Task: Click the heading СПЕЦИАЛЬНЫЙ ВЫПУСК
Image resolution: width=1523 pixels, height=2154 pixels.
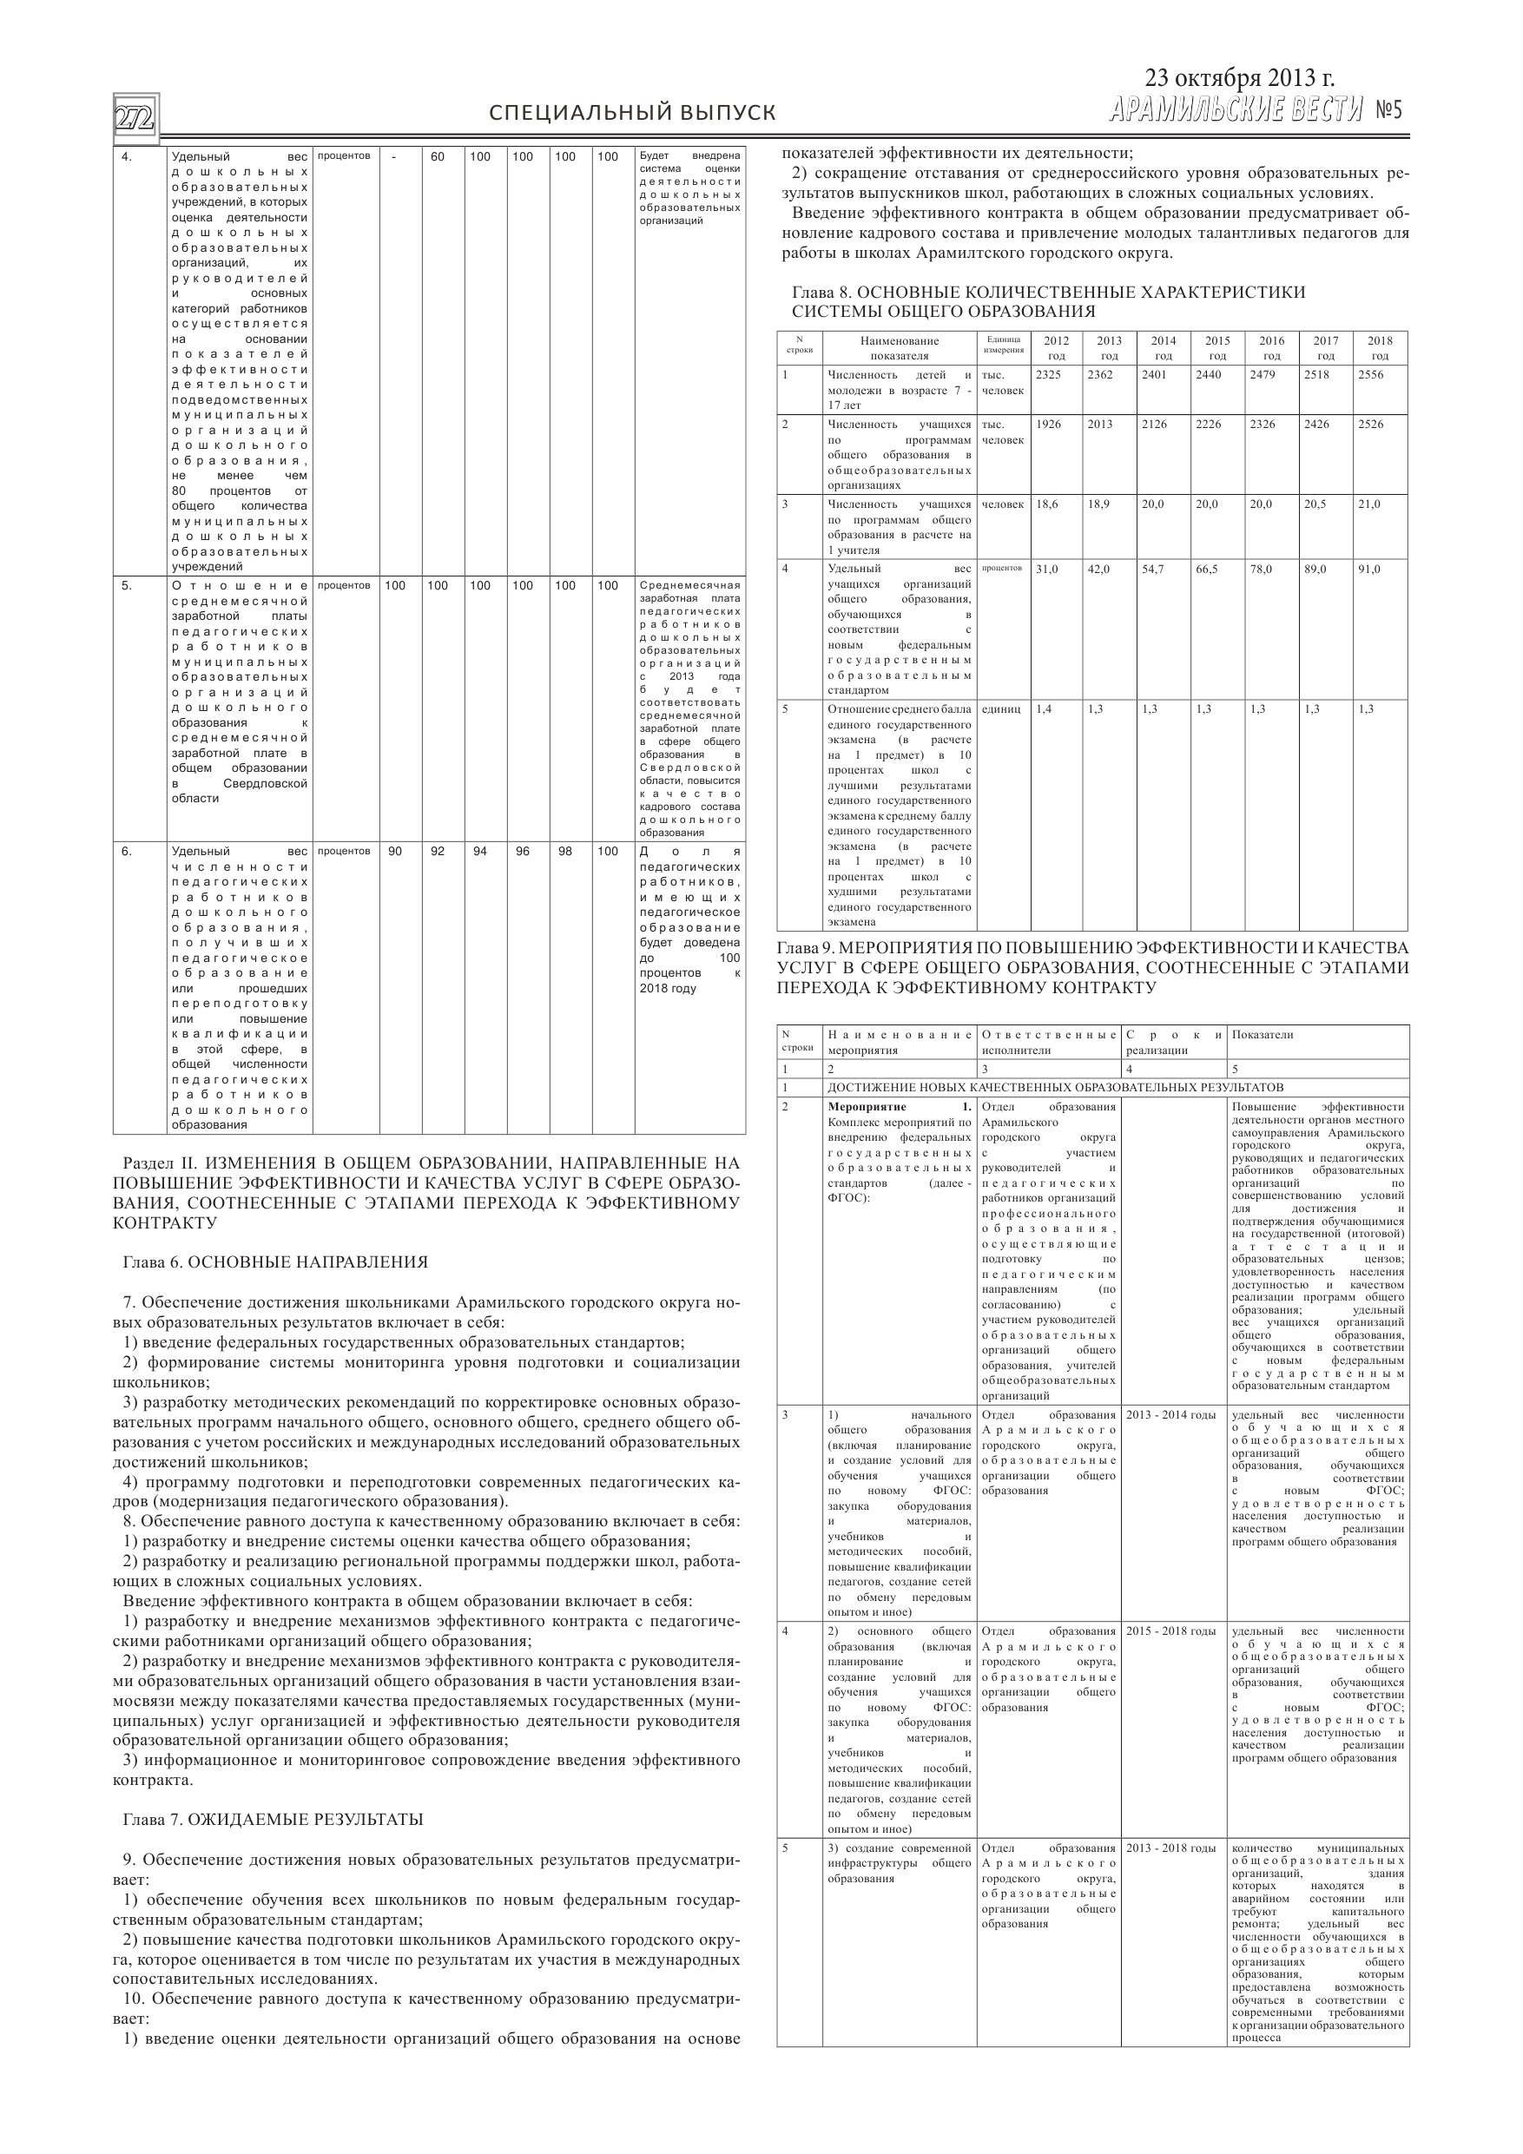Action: click(x=632, y=114)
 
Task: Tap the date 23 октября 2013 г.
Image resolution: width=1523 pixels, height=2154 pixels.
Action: click(x=1239, y=78)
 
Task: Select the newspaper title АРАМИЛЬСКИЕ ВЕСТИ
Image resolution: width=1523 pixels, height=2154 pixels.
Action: click(x=1235, y=112)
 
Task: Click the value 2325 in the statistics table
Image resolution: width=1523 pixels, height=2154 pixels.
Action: click(x=1048, y=374)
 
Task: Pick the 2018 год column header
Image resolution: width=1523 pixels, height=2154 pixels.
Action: click(x=1380, y=348)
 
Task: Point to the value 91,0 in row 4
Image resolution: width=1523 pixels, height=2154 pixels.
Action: click(x=1369, y=569)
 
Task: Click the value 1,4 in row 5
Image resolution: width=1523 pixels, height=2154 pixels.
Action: click(x=1044, y=709)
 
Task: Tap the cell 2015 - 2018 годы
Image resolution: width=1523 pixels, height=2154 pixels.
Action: click(x=1171, y=1631)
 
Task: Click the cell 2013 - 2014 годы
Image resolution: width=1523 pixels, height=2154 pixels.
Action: click(x=1171, y=1415)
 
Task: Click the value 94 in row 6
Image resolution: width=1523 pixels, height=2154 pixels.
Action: click(x=479, y=851)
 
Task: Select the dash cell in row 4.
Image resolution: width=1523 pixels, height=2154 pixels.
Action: click(x=395, y=156)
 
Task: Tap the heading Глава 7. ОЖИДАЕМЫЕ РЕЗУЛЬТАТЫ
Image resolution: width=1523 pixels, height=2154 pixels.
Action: click(x=273, y=1819)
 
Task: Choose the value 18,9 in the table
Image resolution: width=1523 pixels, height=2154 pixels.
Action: click(x=1098, y=504)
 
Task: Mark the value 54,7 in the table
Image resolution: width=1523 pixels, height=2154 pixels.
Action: click(x=1153, y=569)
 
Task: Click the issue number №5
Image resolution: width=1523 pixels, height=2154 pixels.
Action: click(x=1388, y=112)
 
